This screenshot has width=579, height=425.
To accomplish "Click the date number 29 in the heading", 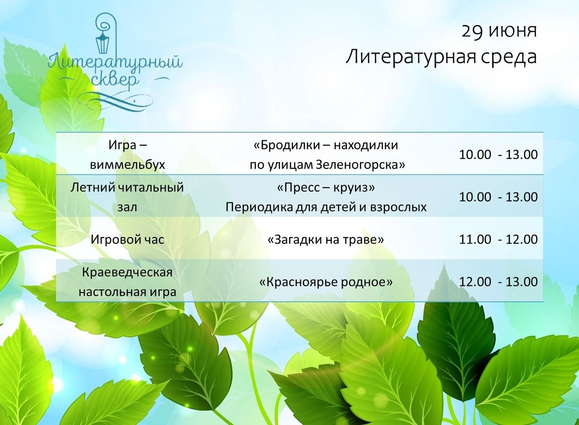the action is pyautogui.click(x=472, y=32).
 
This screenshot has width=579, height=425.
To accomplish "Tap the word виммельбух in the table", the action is pyautogui.click(x=128, y=165).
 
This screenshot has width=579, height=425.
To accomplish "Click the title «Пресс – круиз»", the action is pyautogui.click(x=326, y=187).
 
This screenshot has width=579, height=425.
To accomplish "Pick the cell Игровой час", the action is pyautogui.click(x=128, y=239).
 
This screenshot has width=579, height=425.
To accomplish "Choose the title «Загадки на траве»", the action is pyautogui.click(x=326, y=239).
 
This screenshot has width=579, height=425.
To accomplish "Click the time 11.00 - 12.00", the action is pyautogui.click(x=498, y=239).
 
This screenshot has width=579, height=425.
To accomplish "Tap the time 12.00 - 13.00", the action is pyautogui.click(x=498, y=281).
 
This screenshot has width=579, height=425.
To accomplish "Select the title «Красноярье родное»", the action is pyautogui.click(x=326, y=282).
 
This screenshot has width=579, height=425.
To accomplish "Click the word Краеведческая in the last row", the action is pyautogui.click(x=127, y=272).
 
